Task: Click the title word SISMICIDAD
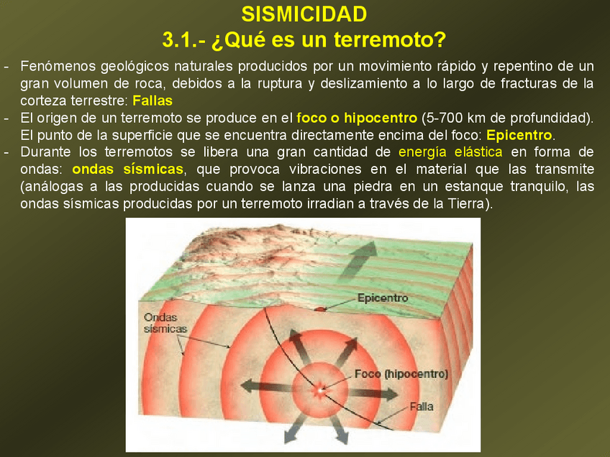[x=304, y=14]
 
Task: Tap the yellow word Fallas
[x=152, y=101]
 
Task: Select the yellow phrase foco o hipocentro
[x=357, y=118]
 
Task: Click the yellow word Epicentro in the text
[x=519, y=135]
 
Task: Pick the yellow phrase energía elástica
[x=450, y=152]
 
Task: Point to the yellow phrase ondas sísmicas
[x=127, y=169]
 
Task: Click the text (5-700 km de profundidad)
[x=506, y=118]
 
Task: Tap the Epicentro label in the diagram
[x=383, y=298]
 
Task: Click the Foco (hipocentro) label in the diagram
[x=401, y=374]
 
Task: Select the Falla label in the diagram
[x=422, y=407]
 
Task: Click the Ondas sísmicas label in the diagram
[x=165, y=323]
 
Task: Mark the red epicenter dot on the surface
[x=319, y=309]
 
